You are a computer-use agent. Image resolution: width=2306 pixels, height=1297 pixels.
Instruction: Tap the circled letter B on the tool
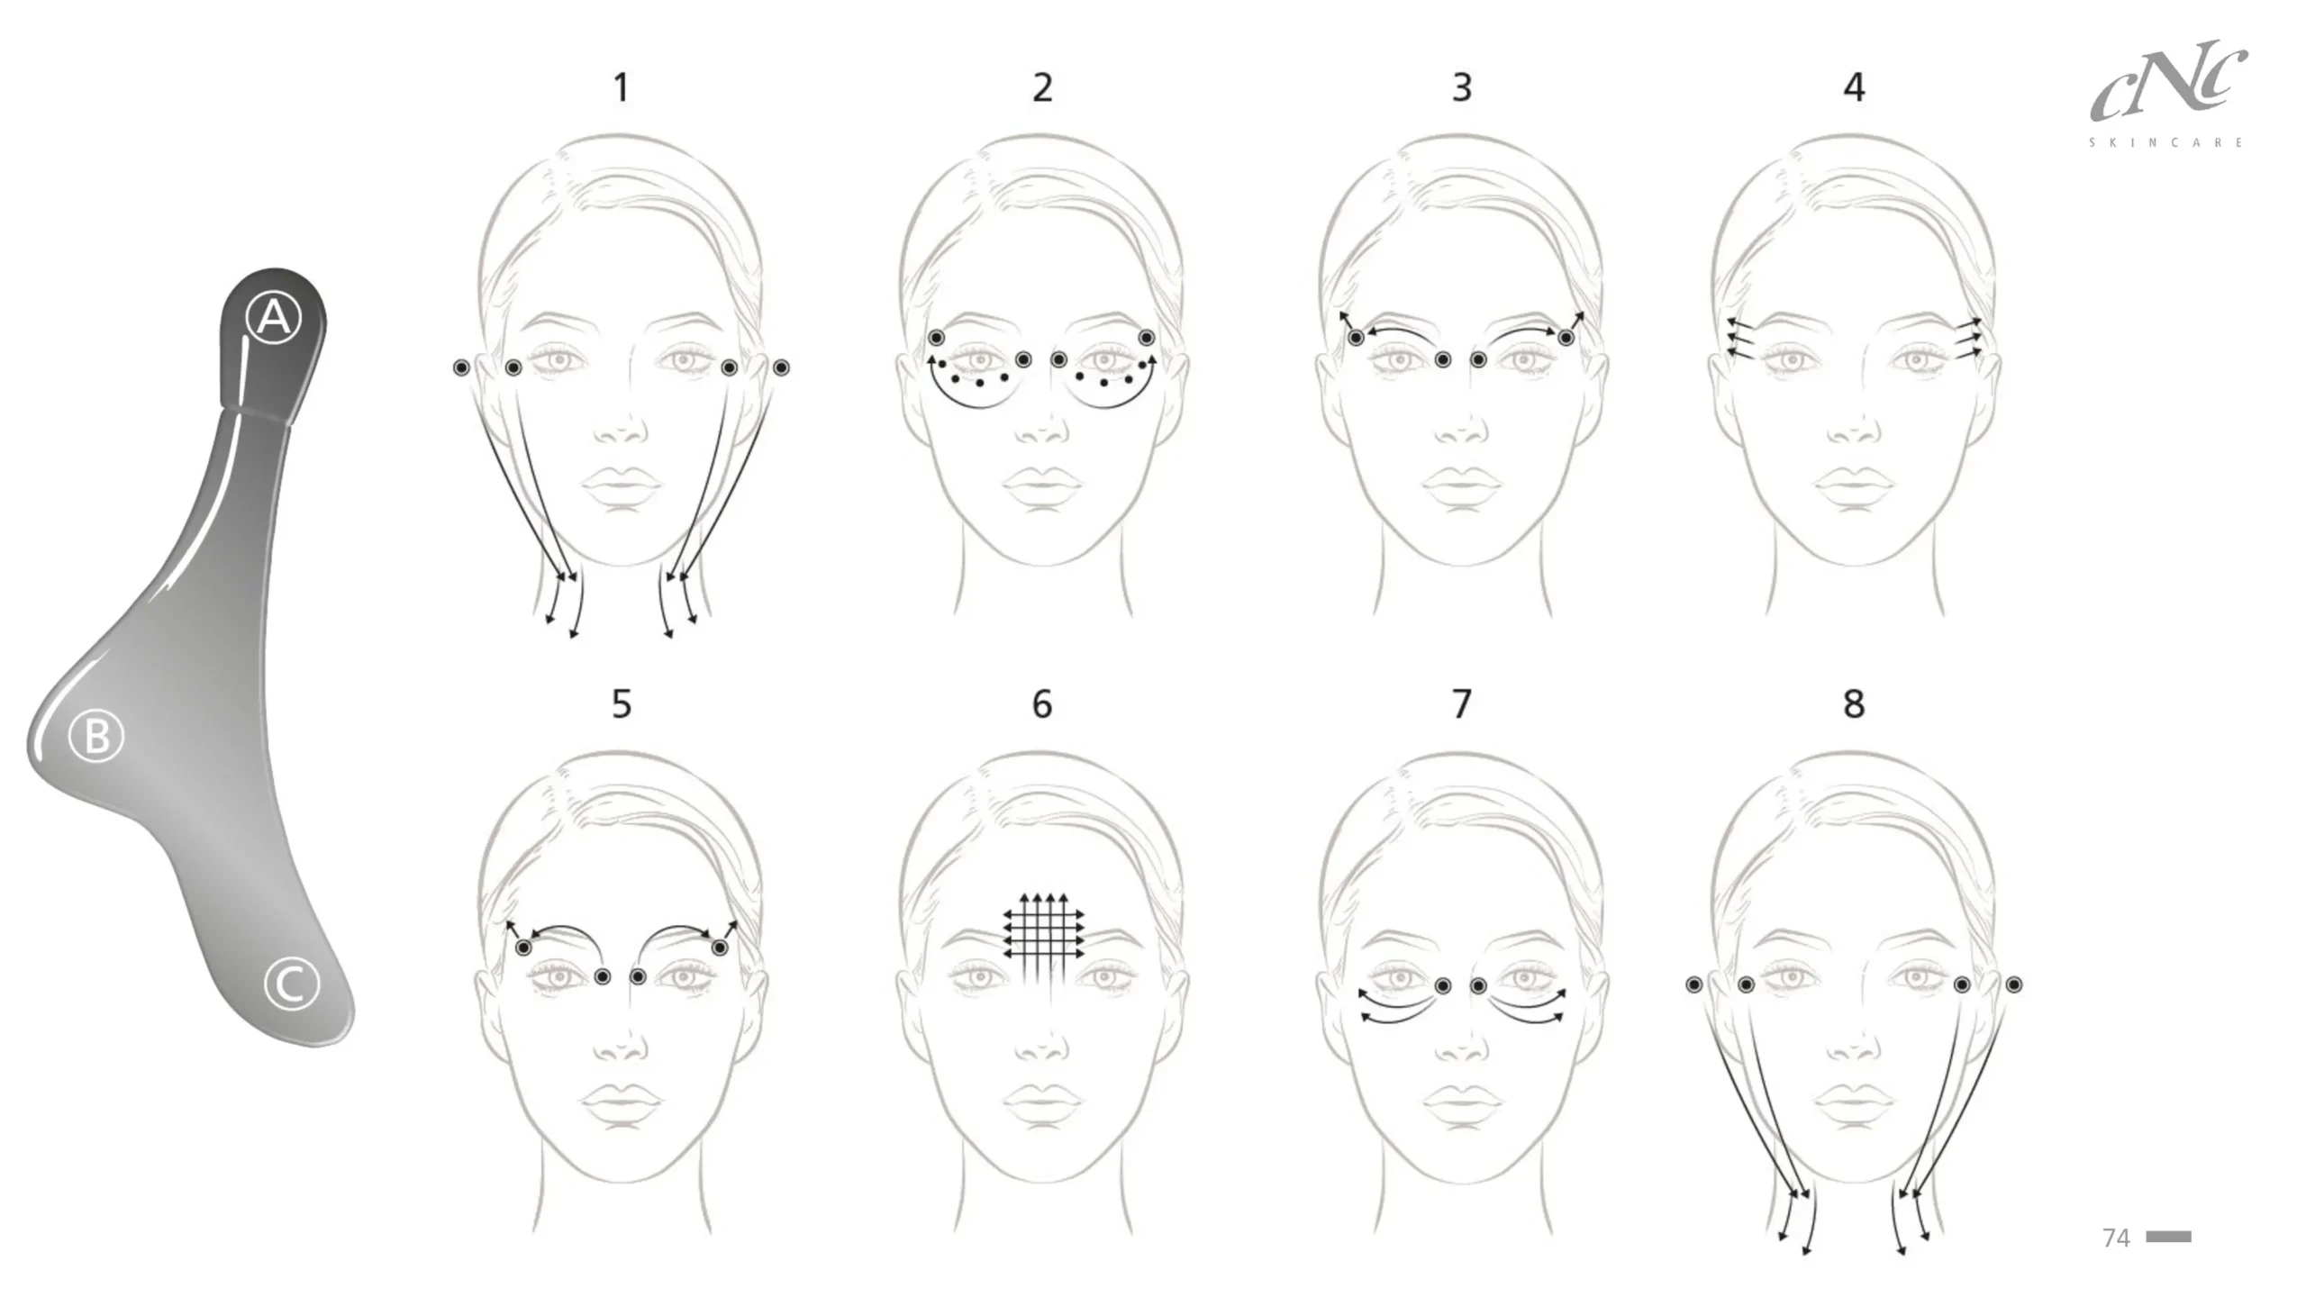click(96, 737)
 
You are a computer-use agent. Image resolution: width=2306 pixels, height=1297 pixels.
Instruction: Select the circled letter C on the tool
click(292, 984)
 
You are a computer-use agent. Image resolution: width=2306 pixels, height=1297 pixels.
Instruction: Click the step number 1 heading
click(622, 87)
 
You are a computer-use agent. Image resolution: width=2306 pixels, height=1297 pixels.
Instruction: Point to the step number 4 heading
click(1854, 87)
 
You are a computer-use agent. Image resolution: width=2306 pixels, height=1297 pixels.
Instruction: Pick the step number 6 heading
click(1042, 703)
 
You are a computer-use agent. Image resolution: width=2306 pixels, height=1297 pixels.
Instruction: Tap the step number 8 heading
click(1854, 703)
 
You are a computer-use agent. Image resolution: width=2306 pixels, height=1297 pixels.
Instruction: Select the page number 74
click(2116, 1238)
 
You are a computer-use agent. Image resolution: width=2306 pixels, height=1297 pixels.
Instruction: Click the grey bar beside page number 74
click(2168, 1237)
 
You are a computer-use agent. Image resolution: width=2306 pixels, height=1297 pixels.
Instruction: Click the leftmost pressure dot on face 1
click(461, 367)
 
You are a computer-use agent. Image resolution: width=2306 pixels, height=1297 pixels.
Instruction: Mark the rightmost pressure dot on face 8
click(2014, 985)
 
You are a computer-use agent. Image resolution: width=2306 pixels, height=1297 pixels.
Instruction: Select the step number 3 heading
click(1462, 87)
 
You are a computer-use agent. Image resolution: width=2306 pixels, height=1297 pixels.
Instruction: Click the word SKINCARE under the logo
click(2166, 142)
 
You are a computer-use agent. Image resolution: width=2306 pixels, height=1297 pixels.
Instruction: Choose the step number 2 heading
click(1042, 87)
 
